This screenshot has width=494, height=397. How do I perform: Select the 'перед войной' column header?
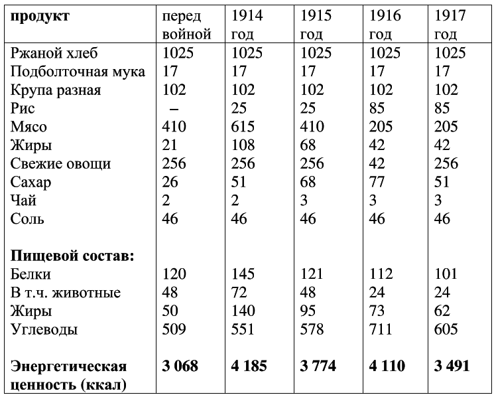(186, 25)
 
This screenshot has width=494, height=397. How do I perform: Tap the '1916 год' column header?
(385, 25)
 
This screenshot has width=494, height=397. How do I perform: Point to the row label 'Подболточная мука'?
(78, 72)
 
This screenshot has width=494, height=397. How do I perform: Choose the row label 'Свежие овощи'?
(61, 163)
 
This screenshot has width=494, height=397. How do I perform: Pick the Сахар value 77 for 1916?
(377, 182)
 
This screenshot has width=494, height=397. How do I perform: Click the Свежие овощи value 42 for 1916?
(377, 163)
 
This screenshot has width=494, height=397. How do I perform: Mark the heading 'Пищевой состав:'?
(72, 256)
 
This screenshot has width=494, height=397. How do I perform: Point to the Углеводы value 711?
(381, 329)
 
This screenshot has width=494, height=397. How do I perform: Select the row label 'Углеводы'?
(44, 329)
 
